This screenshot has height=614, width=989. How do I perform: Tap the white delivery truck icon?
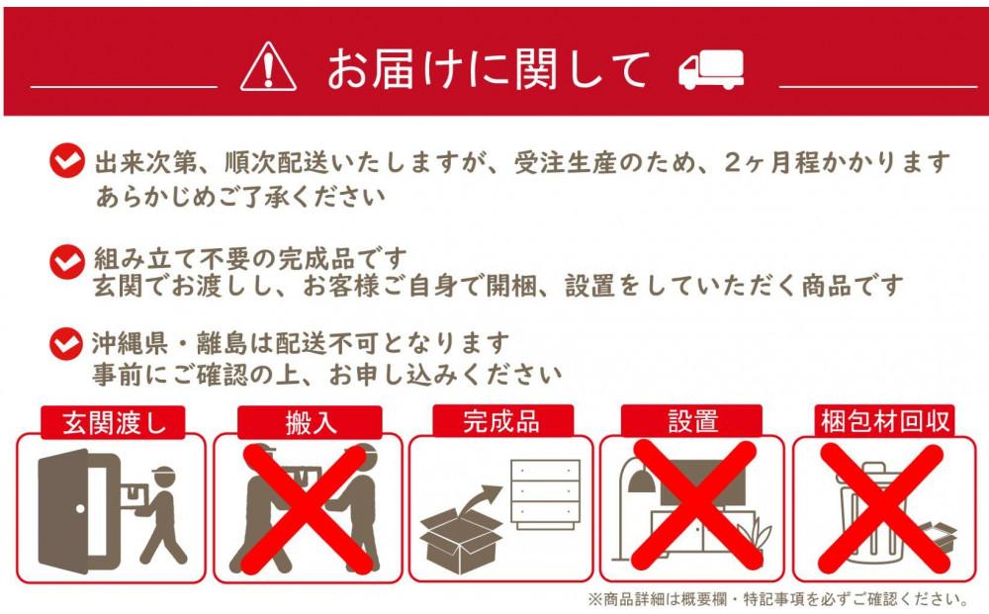click(x=710, y=70)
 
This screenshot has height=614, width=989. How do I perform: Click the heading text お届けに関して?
click(x=489, y=68)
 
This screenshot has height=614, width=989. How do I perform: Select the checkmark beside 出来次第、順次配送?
click(x=66, y=159)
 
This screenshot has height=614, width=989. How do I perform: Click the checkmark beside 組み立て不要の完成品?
click(x=66, y=260)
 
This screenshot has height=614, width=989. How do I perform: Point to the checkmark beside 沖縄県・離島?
click(x=66, y=343)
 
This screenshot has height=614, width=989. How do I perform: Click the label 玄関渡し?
click(x=111, y=422)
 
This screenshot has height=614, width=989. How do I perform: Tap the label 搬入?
click(x=309, y=422)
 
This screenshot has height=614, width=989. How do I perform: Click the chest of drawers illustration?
click(x=544, y=491)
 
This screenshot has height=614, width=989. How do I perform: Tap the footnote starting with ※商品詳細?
click(x=777, y=599)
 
